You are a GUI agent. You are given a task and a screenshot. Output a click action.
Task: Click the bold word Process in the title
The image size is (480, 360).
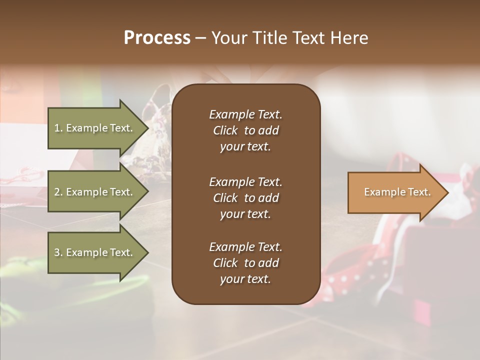[157, 38]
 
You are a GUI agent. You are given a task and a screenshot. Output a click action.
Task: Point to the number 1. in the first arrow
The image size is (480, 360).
[58, 128]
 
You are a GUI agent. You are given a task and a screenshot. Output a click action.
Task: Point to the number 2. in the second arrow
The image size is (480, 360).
[58, 192]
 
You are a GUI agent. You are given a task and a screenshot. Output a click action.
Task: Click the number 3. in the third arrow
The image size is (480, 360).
[58, 252]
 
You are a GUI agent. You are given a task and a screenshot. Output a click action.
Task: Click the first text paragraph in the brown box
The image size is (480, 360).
[245, 130]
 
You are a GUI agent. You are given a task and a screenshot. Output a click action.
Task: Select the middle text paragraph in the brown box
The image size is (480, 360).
[245, 197]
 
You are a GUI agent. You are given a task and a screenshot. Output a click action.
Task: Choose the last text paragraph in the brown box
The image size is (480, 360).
[245, 263]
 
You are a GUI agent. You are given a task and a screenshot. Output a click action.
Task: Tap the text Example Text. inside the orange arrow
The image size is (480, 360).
[397, 192]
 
